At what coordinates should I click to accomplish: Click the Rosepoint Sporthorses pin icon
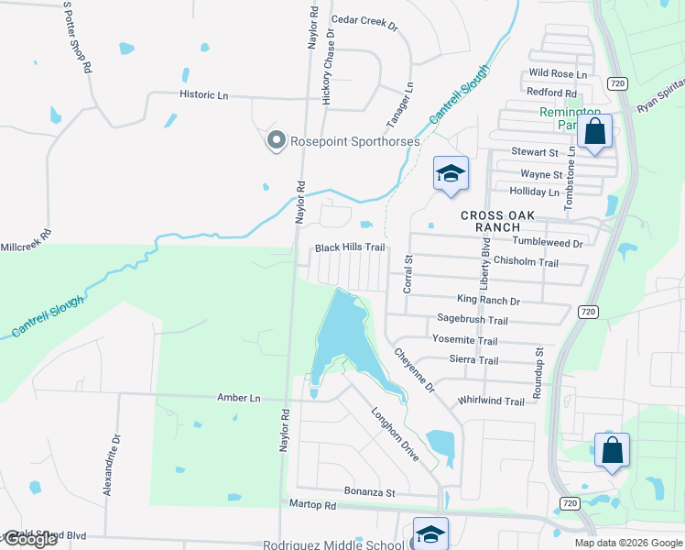pos(276,140)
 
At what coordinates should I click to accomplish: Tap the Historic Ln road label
pos(203,94)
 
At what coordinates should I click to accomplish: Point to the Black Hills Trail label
pos(350,247)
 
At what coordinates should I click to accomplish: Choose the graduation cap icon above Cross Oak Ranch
pos(451,173)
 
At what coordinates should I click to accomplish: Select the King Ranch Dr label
pos(488,300)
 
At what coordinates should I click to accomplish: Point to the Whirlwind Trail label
pos(491,401)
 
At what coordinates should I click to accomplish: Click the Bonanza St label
pos(369,492)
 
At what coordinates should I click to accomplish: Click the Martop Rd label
pos(312,505)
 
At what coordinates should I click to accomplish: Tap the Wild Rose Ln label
pos(557,72)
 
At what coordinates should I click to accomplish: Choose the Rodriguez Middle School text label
pos(333,545)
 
